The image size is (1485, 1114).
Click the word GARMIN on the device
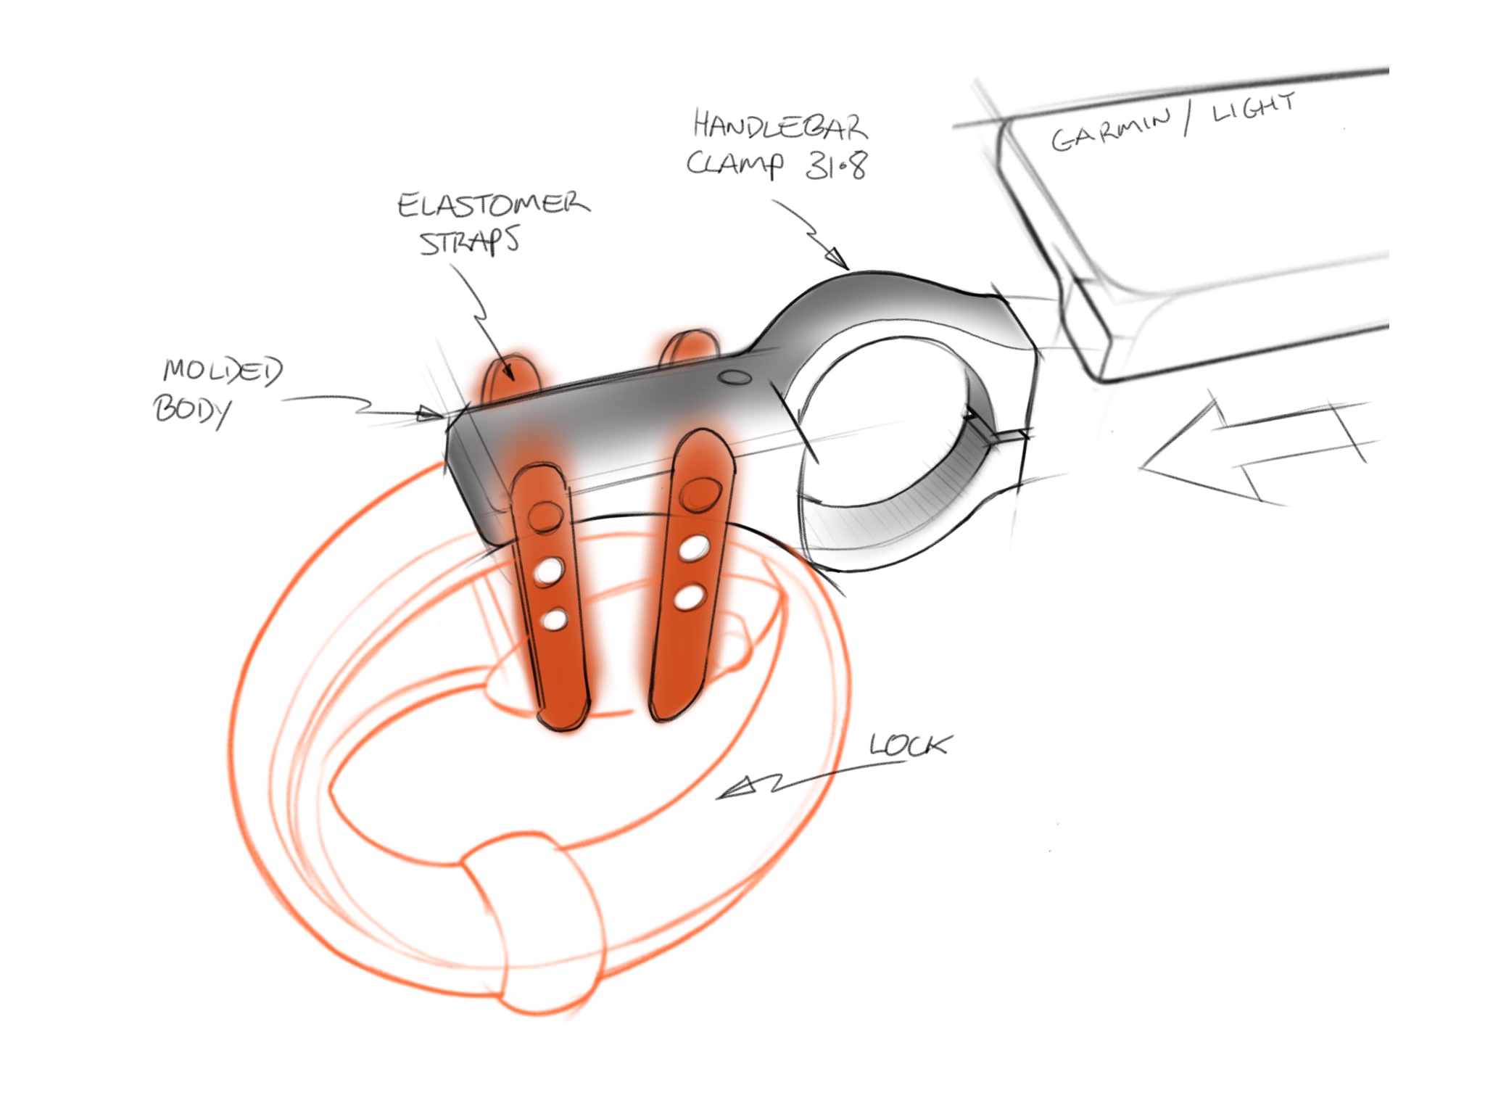(1109, 131)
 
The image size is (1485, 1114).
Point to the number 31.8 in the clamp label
(835, 165)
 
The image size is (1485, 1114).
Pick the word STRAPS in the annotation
(470, 242)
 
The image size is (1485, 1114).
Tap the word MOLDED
(223, 371)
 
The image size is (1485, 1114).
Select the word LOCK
(909, 746)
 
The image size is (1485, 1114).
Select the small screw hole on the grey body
(735, 377)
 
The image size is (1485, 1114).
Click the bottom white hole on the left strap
(555, 620)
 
